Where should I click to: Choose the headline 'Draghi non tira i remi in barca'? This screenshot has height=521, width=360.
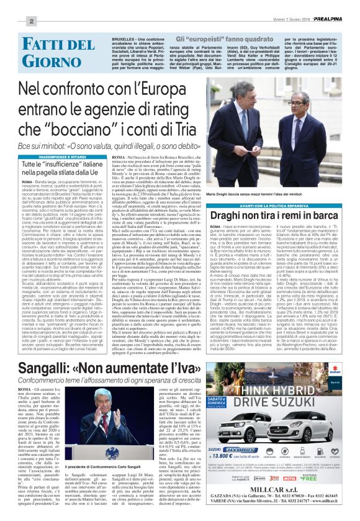pyautogui.click(x=282, y=202)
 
